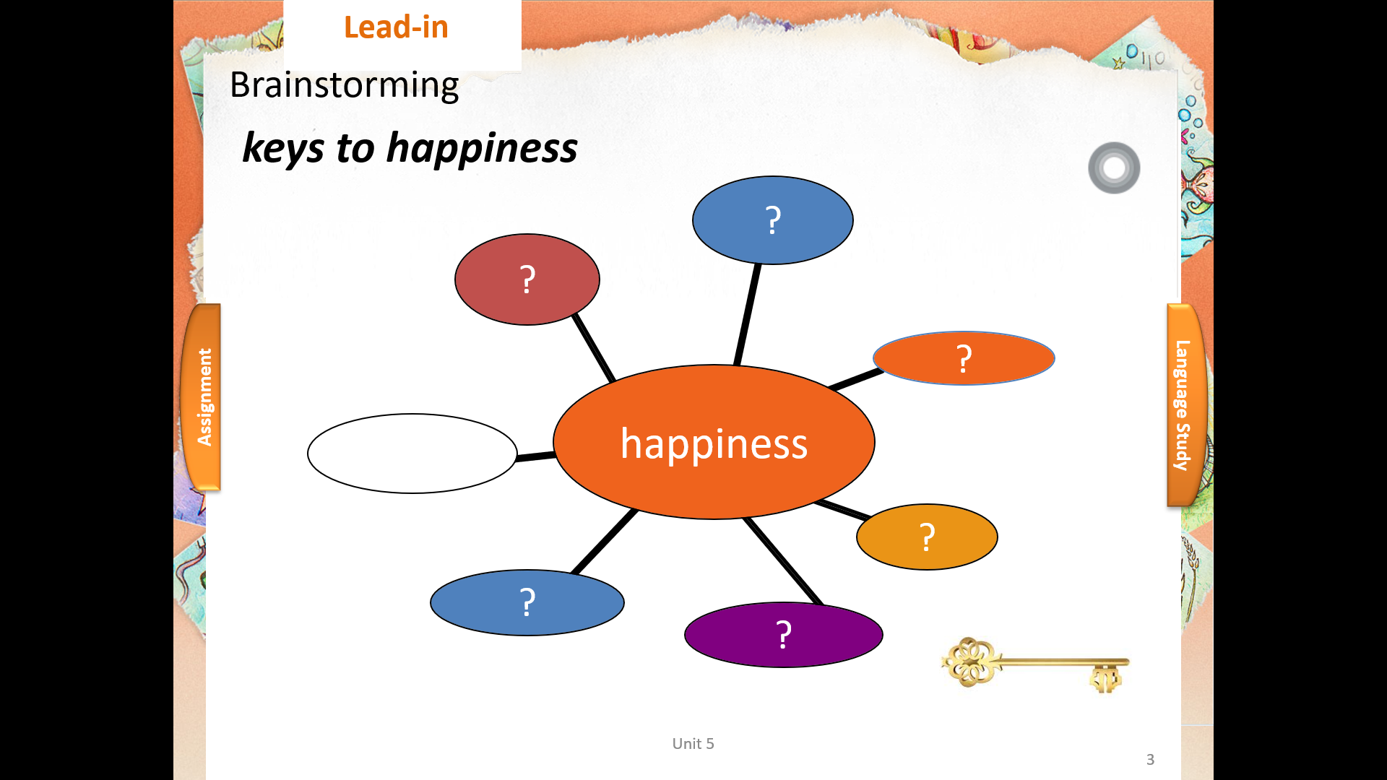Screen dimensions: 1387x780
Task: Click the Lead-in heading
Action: point(396,27)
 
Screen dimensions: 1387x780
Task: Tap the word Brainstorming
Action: point(344,85)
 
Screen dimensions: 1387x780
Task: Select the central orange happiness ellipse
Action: point(714,442)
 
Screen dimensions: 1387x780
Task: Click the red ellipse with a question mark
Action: point(527,279)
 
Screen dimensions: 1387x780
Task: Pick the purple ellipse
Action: point(784,635)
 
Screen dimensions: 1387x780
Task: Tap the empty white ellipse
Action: point(412,454)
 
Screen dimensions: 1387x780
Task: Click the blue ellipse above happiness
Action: point(773,220)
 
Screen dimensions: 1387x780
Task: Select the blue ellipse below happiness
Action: point(527,602)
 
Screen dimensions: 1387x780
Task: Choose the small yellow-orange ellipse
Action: point(927,537)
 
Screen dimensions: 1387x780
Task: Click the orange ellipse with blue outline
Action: point(964,358)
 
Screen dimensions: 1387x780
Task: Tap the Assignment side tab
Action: point(202,397)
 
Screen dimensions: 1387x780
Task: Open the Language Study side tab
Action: point(1185,405)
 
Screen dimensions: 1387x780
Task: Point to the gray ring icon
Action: point(1114,168)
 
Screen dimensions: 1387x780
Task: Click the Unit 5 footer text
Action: point(693,744)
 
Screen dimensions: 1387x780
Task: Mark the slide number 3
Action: point(1150,760)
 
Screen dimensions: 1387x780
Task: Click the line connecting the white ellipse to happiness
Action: point(536,456)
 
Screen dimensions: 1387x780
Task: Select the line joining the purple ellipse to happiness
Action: point(783,561)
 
